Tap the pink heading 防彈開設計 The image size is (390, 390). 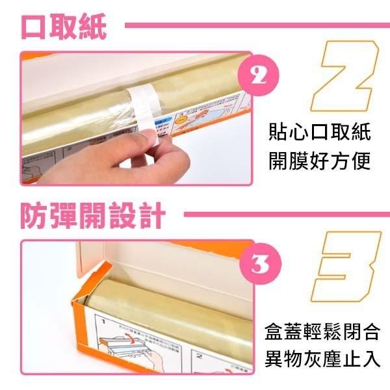pos(92,214)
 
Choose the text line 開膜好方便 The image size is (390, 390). pos(320,161)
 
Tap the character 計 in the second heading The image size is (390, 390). pos(151,214)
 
